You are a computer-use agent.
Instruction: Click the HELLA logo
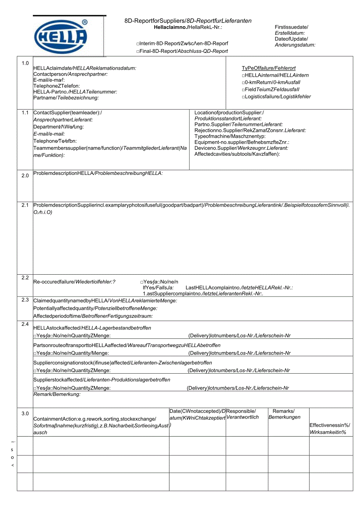click(x=61, y=37)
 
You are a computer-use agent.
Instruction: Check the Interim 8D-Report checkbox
click(x=138, y=44)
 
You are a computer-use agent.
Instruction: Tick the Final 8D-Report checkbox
click(x=138, y=51)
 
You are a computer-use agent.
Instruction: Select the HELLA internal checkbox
click(x=243, y=76)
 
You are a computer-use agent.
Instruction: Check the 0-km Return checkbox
click(x=243, y=83)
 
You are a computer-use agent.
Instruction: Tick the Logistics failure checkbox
click(x=243, y=97)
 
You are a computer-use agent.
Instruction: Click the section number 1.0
click(x=25, y=63)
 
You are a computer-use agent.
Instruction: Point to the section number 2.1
click(x=25, y=205)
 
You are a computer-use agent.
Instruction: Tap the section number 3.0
click(x=25, y=413)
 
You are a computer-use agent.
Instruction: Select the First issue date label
click(x=291, y=27)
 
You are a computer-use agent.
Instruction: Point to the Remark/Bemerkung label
click(x=57, y=394)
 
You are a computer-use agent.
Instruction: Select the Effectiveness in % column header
click(x=329, y=428)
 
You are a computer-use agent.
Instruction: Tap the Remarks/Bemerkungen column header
click(x=284, y=414)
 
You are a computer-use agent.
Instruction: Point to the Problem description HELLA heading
click(x=98, y=173)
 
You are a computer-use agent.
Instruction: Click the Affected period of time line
click(x=93, y=316)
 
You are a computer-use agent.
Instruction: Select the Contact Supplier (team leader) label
click(x=67, y=113)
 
